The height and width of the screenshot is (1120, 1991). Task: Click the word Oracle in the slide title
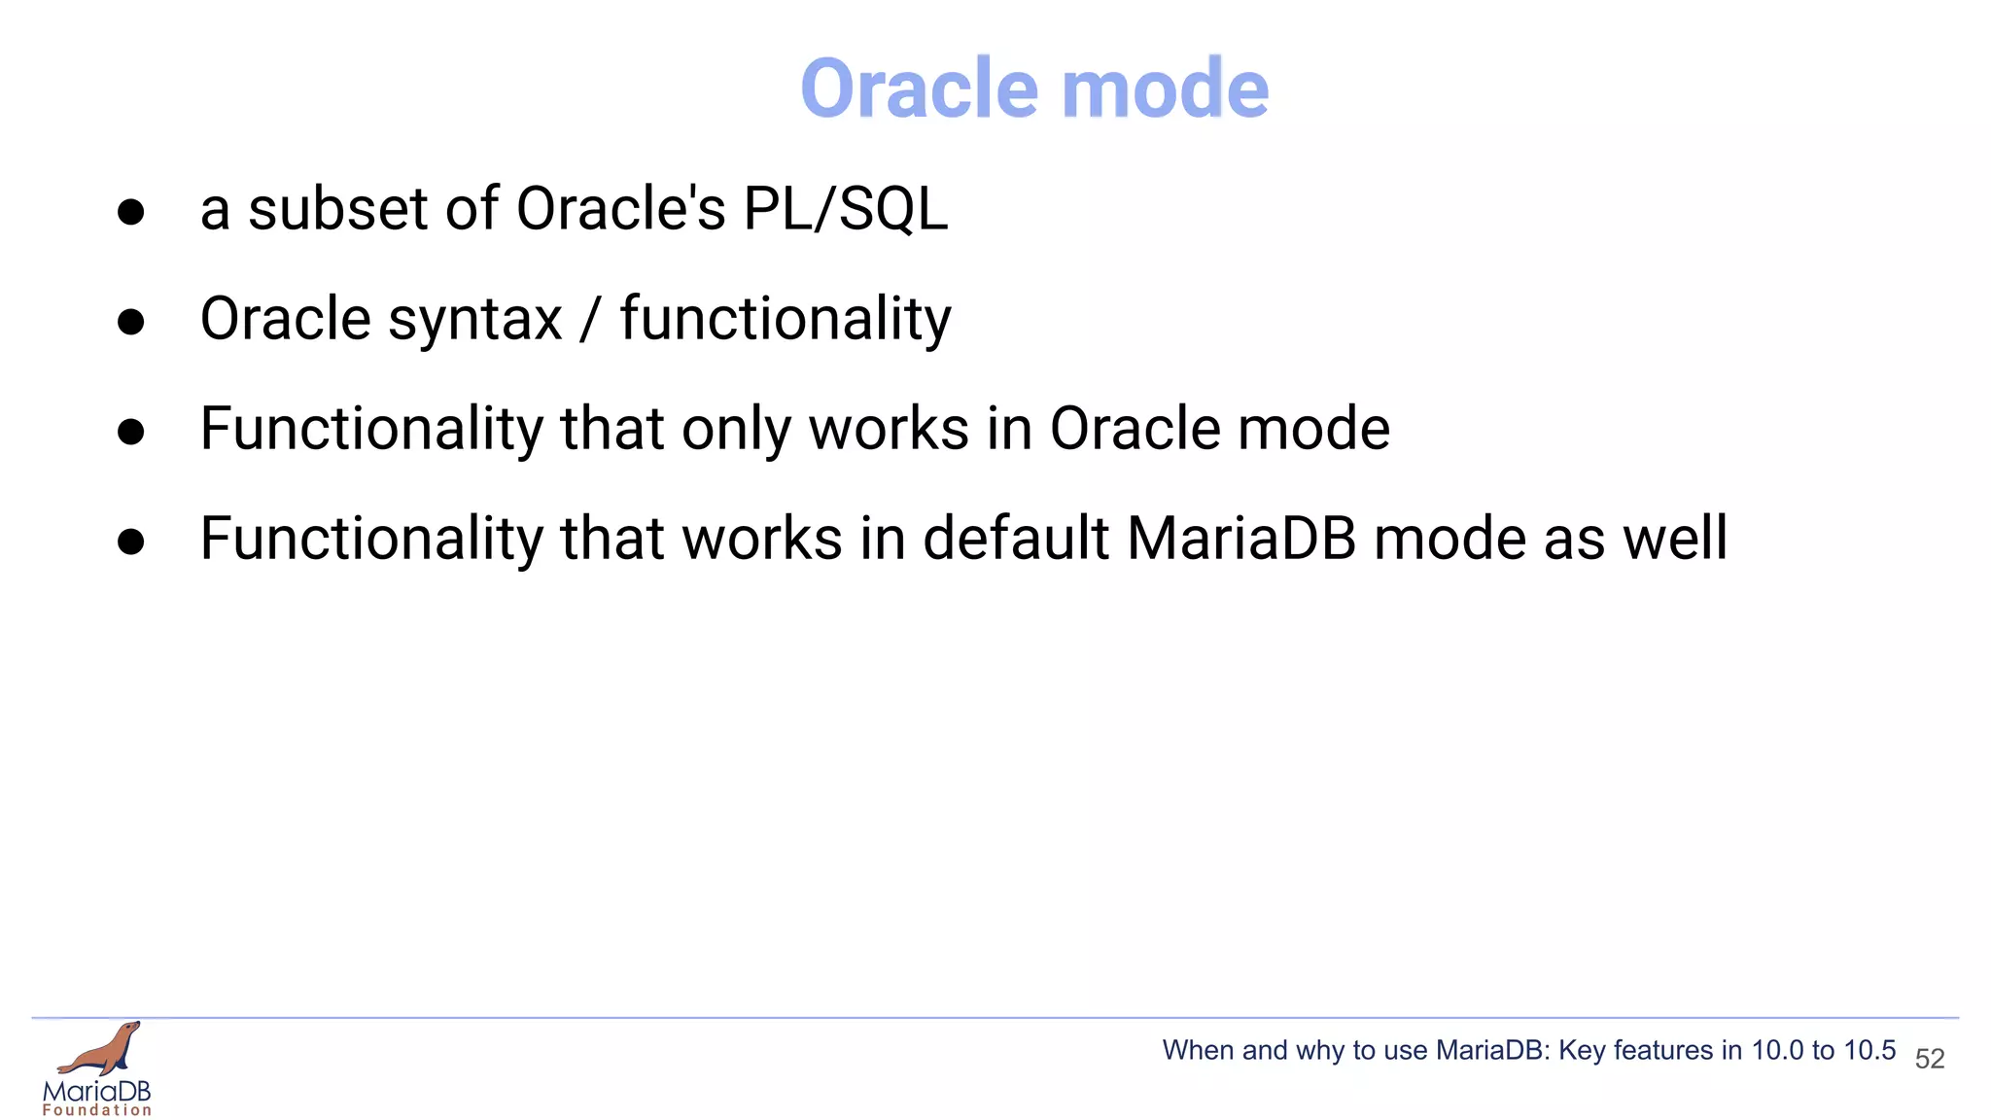920,88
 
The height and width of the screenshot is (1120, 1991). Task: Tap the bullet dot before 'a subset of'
130,212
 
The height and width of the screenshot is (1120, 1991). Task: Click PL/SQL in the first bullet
845,209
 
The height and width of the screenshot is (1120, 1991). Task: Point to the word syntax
474,321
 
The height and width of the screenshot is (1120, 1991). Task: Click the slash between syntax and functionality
590,321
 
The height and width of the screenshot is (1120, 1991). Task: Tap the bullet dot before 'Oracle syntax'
130,322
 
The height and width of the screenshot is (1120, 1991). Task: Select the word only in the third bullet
735,430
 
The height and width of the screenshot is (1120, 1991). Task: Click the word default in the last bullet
1015,539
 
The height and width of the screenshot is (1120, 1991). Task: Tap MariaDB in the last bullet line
1240,539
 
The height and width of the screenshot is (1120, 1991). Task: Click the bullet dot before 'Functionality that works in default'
130,542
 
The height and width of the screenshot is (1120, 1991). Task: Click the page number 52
1929,1059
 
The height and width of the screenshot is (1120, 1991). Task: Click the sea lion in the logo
102,1049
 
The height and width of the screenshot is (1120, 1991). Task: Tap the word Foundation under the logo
97,1110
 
